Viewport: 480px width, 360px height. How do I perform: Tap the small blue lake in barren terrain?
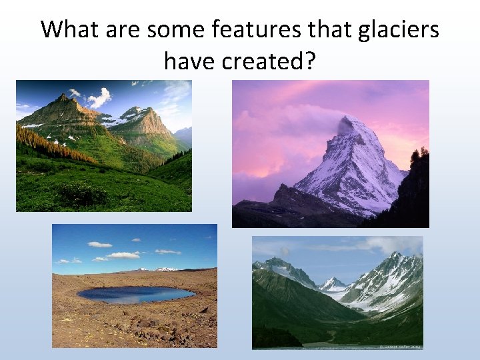(136, 294)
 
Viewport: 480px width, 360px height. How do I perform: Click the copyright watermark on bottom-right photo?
(400, 345)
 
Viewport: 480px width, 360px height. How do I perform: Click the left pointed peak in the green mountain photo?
(64, 98)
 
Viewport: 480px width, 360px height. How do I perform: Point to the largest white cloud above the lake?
(123, 255)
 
